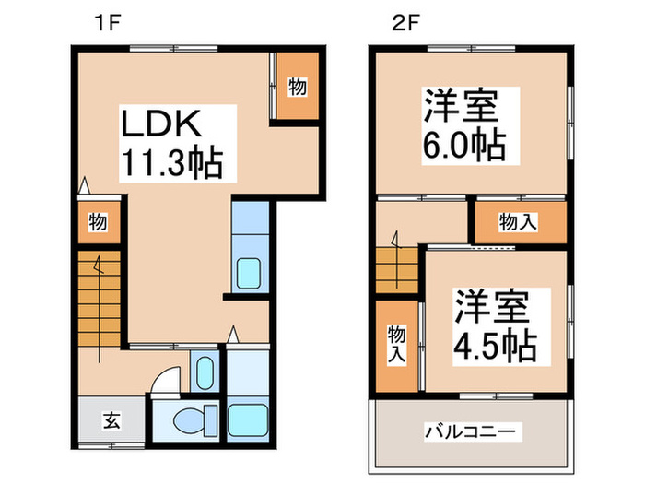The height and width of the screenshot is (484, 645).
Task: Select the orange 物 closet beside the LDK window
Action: click(x=297, y=88)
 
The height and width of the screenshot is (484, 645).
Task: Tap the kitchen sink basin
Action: click(x=248, y=274)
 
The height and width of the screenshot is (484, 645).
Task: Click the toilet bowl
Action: click(x=190, y=421)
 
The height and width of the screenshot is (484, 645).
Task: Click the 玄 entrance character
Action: click(x=111, y=421)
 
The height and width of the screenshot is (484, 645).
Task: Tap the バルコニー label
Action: click(x=473, y=431)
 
